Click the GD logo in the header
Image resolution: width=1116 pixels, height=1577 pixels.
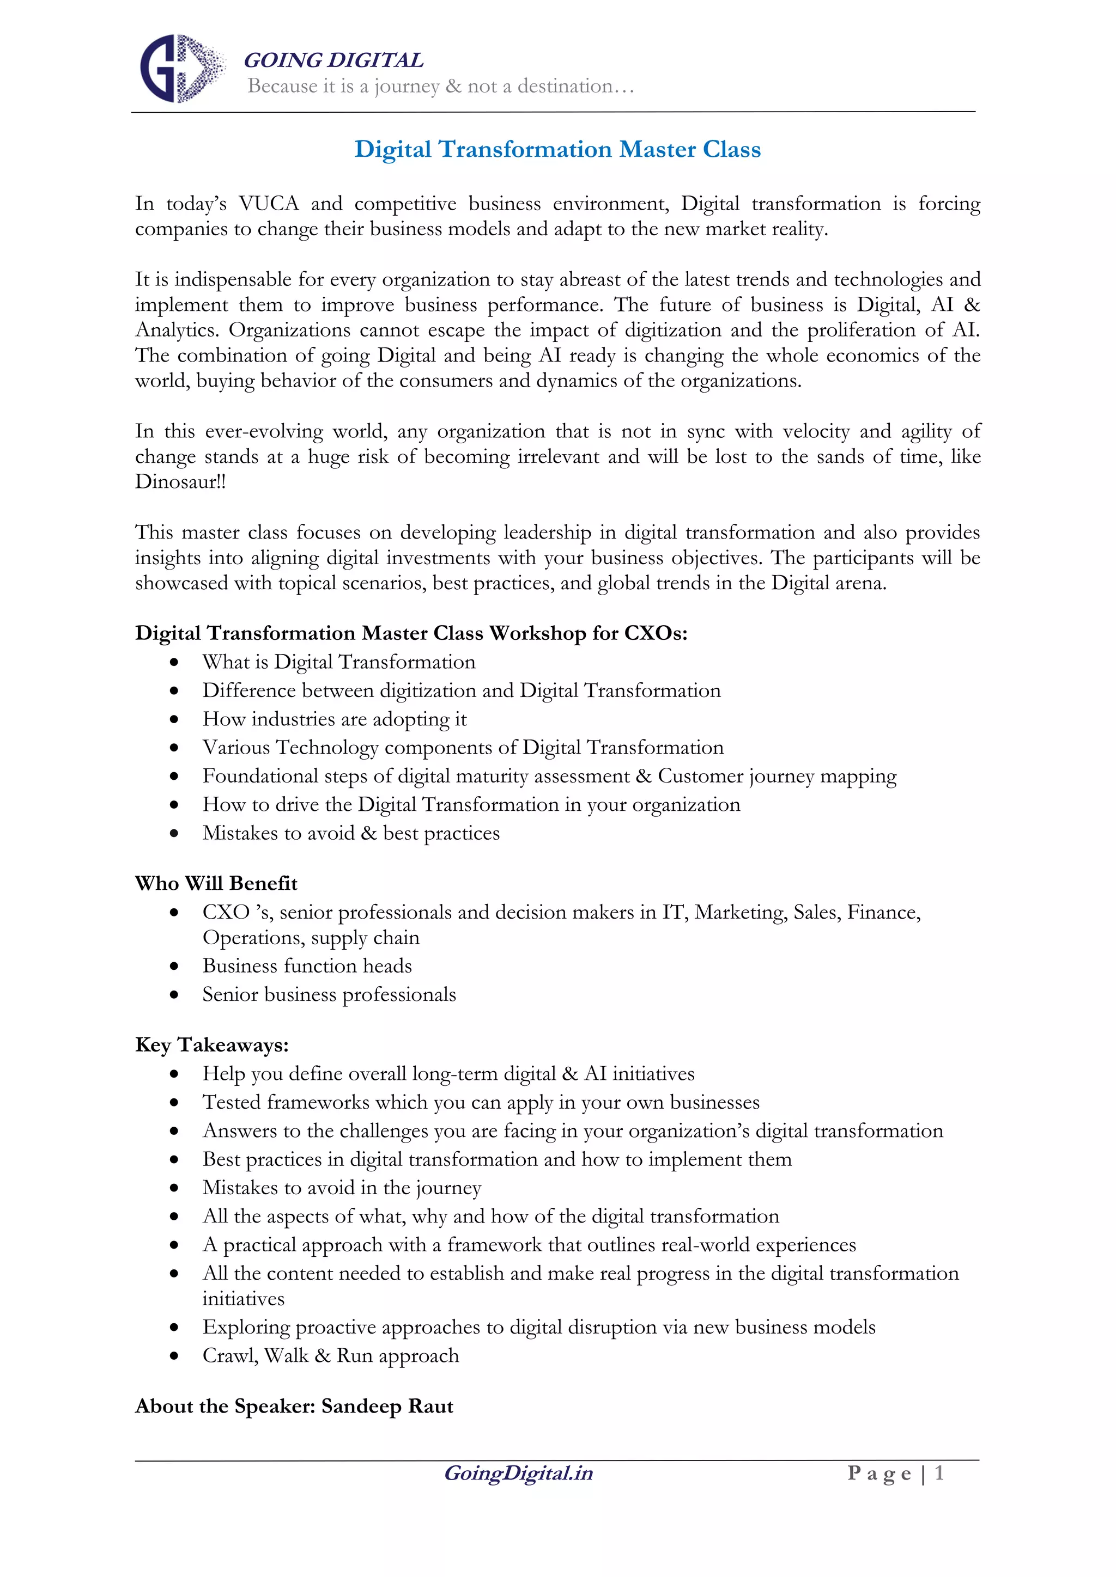[181, 69]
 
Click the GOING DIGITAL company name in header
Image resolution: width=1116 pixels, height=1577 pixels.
[333, 60]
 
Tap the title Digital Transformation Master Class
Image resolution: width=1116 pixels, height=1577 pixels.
[557, 149]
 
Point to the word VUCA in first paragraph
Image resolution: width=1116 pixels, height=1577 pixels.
[269, 204]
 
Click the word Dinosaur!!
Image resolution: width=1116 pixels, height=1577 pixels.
[180, 481]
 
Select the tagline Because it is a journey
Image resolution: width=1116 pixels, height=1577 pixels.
[440, 87]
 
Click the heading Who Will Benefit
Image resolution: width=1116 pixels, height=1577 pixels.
[216, 883]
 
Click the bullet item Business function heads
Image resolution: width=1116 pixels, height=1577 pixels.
[306, 965]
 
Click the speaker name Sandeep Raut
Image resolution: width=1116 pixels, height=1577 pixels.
[387, 1406]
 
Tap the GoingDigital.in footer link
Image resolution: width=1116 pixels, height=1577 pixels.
[518, 1474]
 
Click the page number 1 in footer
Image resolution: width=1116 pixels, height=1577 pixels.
[939, 1474]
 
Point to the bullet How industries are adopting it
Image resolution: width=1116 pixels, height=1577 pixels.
[334, 719]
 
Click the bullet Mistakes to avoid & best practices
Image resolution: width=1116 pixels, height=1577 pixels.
[350, 833]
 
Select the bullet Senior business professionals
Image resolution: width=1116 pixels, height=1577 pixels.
[329, 994]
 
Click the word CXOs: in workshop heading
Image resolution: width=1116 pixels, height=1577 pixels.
[655, 633]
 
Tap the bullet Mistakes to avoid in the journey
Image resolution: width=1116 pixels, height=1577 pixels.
[342, 1188]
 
